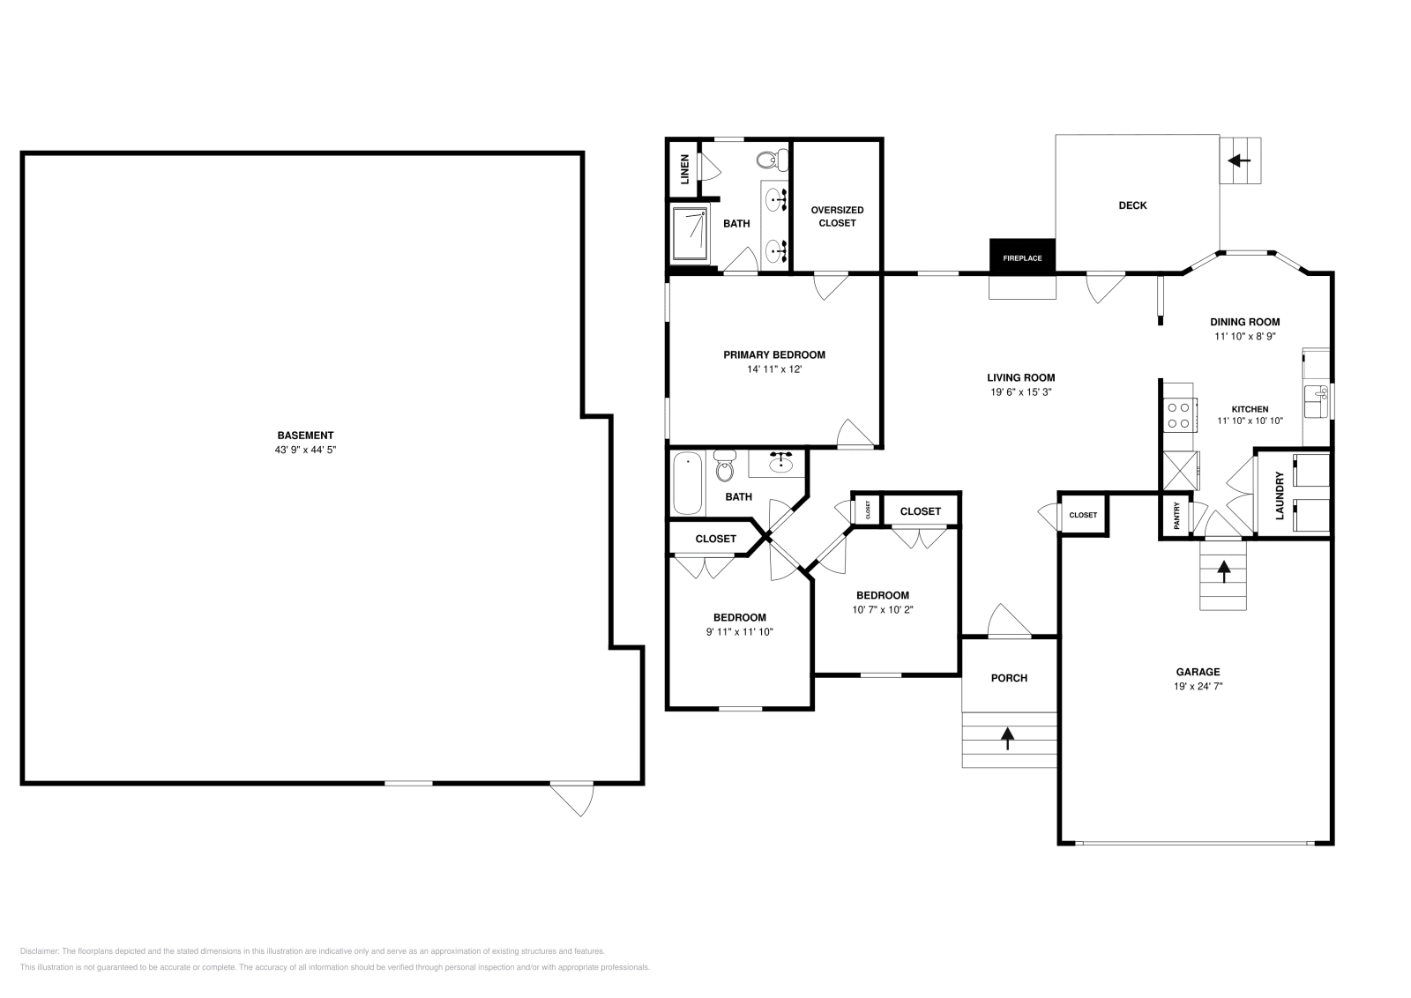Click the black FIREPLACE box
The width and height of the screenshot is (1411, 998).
1022,257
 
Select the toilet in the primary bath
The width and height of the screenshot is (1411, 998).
772,160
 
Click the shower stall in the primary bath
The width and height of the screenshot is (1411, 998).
690,234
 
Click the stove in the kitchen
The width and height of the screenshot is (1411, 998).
1178,414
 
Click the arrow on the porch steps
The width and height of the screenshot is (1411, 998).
1008,737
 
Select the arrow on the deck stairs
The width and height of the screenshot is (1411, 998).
1240,160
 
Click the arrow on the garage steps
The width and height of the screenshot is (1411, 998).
1223,572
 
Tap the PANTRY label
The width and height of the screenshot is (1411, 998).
1176,517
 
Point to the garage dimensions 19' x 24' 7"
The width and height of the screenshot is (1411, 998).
1198,686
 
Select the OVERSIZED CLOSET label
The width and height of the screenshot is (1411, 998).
837,216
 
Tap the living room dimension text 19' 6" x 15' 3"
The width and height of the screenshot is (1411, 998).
1020,392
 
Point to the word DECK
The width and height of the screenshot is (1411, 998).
1132,205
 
